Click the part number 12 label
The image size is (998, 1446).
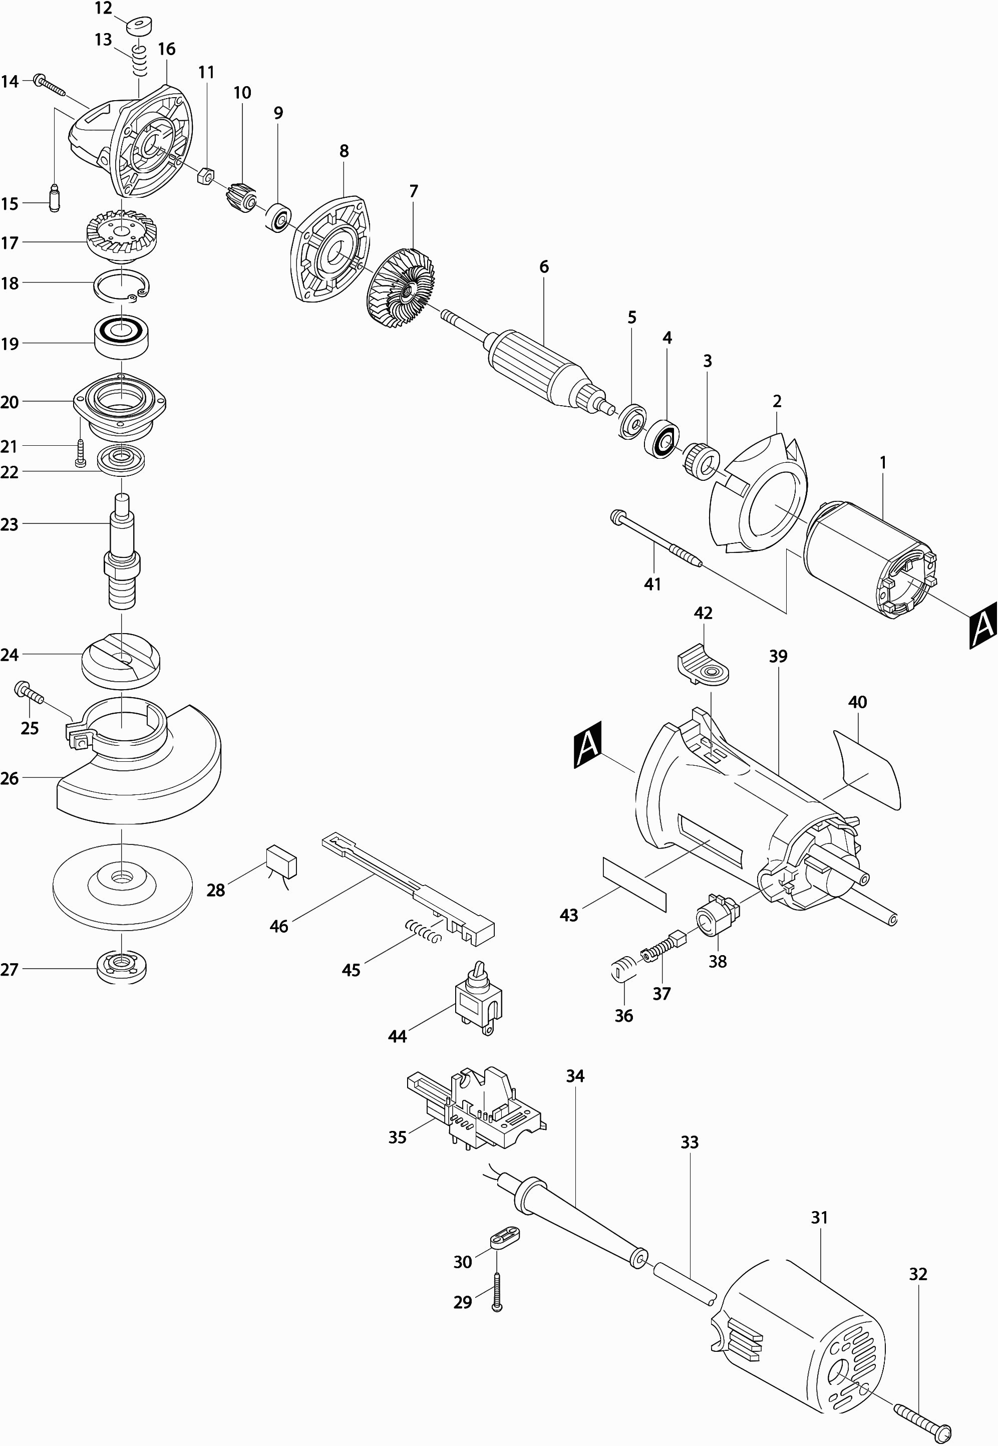click(x=103, y=9)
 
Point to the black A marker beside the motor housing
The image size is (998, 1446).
click(x=587, y=744)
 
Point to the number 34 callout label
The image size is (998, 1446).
click(x=575, y=1076)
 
